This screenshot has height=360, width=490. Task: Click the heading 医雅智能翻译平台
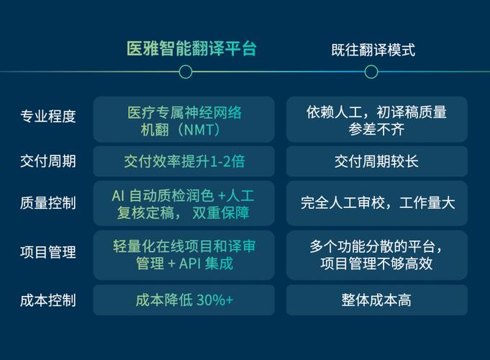pos(191,49)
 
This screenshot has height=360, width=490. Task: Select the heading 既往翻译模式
pos(373,50)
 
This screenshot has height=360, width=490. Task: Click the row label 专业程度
pos(48,117)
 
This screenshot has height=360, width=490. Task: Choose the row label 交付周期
pos(48,161)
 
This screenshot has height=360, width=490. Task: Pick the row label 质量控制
pos(48,202)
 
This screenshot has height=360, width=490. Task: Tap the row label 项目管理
pos(48,252)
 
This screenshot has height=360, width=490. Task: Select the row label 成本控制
pos(48,300)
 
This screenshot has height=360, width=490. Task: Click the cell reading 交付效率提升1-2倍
pos(184,161)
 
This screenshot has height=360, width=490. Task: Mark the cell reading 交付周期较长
pos(376,161)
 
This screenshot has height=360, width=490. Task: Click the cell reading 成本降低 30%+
pos(184,300)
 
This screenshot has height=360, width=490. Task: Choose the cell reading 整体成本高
pos(376,300)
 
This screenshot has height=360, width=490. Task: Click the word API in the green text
pos(190,264)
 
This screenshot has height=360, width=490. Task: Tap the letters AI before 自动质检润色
pos(118,196)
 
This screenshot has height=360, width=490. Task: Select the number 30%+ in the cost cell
pos(215,300)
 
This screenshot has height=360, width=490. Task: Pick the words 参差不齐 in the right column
pos(376,130)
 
